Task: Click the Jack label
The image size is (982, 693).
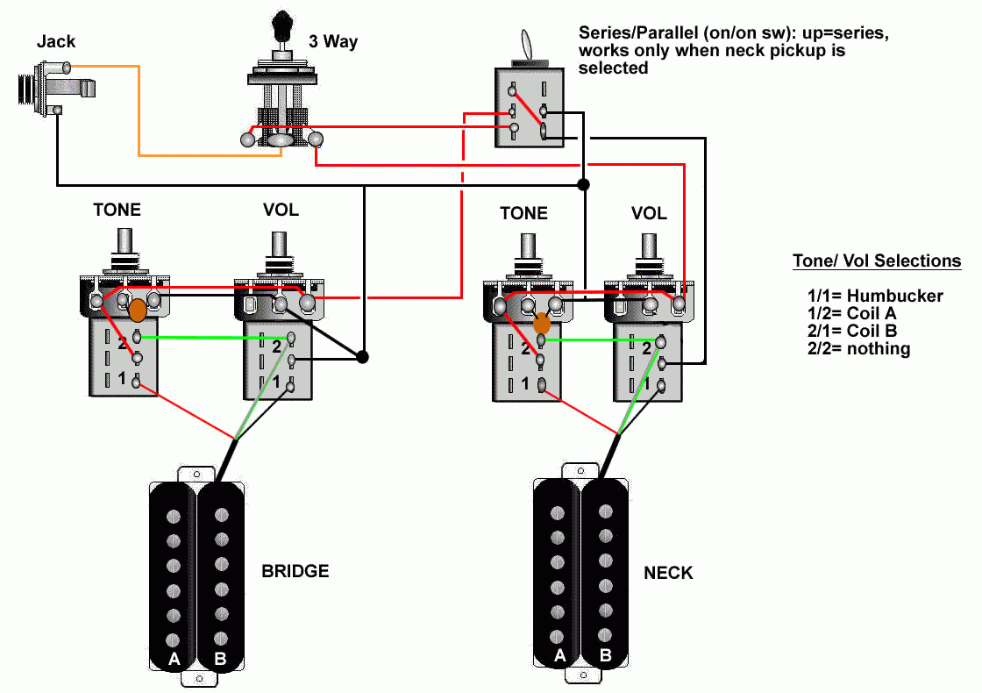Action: tap(56, 41)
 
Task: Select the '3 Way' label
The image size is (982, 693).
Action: tap(333, 41)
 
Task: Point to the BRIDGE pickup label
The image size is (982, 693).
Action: tap(295, 571)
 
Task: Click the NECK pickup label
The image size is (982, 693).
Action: tap(668, 573)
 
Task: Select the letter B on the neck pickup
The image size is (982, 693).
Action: tap(605, 654)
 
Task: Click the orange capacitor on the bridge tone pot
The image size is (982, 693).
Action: tap(138, 310)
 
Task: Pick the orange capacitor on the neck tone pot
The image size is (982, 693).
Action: tap(542, 323)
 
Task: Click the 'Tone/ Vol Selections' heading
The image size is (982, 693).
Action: tap(877, 261)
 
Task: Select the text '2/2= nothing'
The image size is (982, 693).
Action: tap(858, 348)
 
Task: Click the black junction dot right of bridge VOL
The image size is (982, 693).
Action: tap(362, 357)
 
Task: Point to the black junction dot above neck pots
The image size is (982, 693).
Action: tap(583, 185)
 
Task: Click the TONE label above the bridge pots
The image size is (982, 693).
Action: tap(117, 211)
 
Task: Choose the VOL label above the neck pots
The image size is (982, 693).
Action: tap(649, 213)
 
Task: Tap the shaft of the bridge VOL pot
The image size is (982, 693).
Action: tap(280, 245)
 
